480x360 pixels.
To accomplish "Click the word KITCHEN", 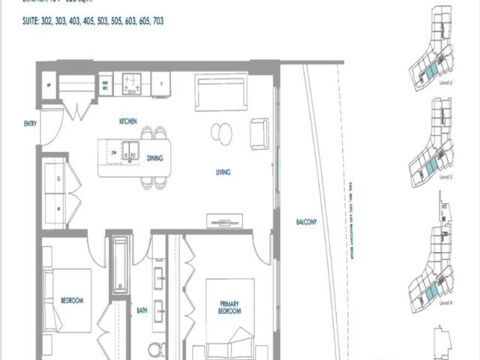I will tap(127, 121).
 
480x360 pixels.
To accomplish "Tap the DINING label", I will tap(155, 157).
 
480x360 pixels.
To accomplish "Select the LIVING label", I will tap(223, 172).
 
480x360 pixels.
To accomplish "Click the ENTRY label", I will tap(30, 124).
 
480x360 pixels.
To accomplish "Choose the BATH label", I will tap(142, 309).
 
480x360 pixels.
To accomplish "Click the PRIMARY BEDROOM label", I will tap(229, 307).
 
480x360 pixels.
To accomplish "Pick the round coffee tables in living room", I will tap(222, 133).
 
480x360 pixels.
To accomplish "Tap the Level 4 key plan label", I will tap(445, 302).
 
